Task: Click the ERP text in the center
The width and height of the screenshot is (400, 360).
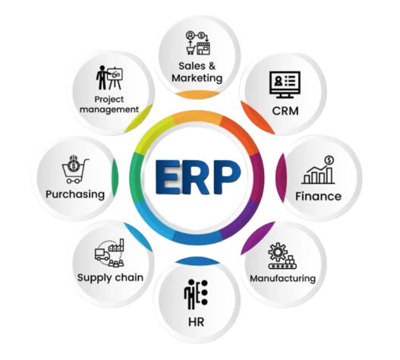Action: click(x=197, y=177)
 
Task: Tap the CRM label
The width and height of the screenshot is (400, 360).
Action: click(x=285, y=111)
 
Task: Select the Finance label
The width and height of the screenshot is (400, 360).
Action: click(x=318, y=197)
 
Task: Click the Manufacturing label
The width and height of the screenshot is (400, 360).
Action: click(x=282, y=278)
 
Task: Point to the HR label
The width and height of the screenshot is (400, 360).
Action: click(x=196, y=322)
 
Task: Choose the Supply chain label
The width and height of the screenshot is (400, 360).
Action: click(x=110, y=278)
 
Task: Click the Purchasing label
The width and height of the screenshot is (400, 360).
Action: click(x=75, y=194)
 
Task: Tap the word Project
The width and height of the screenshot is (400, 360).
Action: click(x=109, y=99)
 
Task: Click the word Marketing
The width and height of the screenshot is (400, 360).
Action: click(x=197, y=78)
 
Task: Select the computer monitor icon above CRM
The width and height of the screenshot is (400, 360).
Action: click(x=285, y=84)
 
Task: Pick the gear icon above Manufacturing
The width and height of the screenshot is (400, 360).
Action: click(x=278, y=252)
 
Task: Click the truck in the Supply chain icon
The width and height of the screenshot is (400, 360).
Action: click(x=102, y=254)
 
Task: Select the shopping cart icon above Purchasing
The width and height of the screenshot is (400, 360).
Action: click(x=74, y=169)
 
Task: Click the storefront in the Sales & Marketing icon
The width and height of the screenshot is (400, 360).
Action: click(x=203, y=49)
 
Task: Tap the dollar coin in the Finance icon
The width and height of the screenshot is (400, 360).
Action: click(x=329, y=160)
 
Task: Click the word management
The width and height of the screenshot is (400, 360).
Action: click(x=109, y=110)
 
